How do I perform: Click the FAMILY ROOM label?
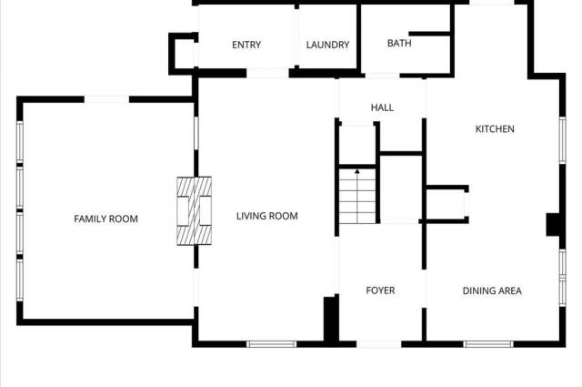click(105, 219)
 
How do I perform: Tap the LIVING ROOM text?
click(266, 216)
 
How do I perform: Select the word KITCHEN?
click(495, 129)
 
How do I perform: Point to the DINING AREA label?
click(492, 290)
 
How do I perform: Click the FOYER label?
click(380, 290)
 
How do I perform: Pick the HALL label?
click(382, 107)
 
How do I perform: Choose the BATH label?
click(399, 43)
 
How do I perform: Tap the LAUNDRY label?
click(327, 45)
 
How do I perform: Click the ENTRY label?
click(246, 45)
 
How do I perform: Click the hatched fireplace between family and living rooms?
click(194, 210)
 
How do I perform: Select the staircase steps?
click(357, 197)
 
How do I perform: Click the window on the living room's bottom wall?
click(271, 344)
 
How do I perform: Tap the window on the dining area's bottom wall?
click(488, 344)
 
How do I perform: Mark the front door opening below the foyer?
click(379, 344)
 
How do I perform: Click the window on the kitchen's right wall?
click(563, 140)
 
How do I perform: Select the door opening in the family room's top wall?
click(106, 99)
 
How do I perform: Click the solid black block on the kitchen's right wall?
click(553, 225)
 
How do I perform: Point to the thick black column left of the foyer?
click(331, 319)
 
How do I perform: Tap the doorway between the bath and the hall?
click(382, 76)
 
